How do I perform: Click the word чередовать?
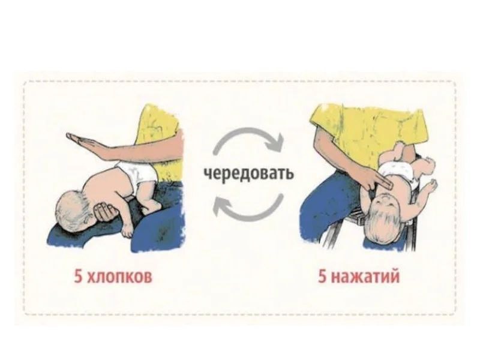tap(248, 174)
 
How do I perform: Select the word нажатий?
tap(367, 278)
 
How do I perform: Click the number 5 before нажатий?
tap(322, 278)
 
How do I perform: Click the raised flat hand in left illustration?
tap(90, 144)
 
